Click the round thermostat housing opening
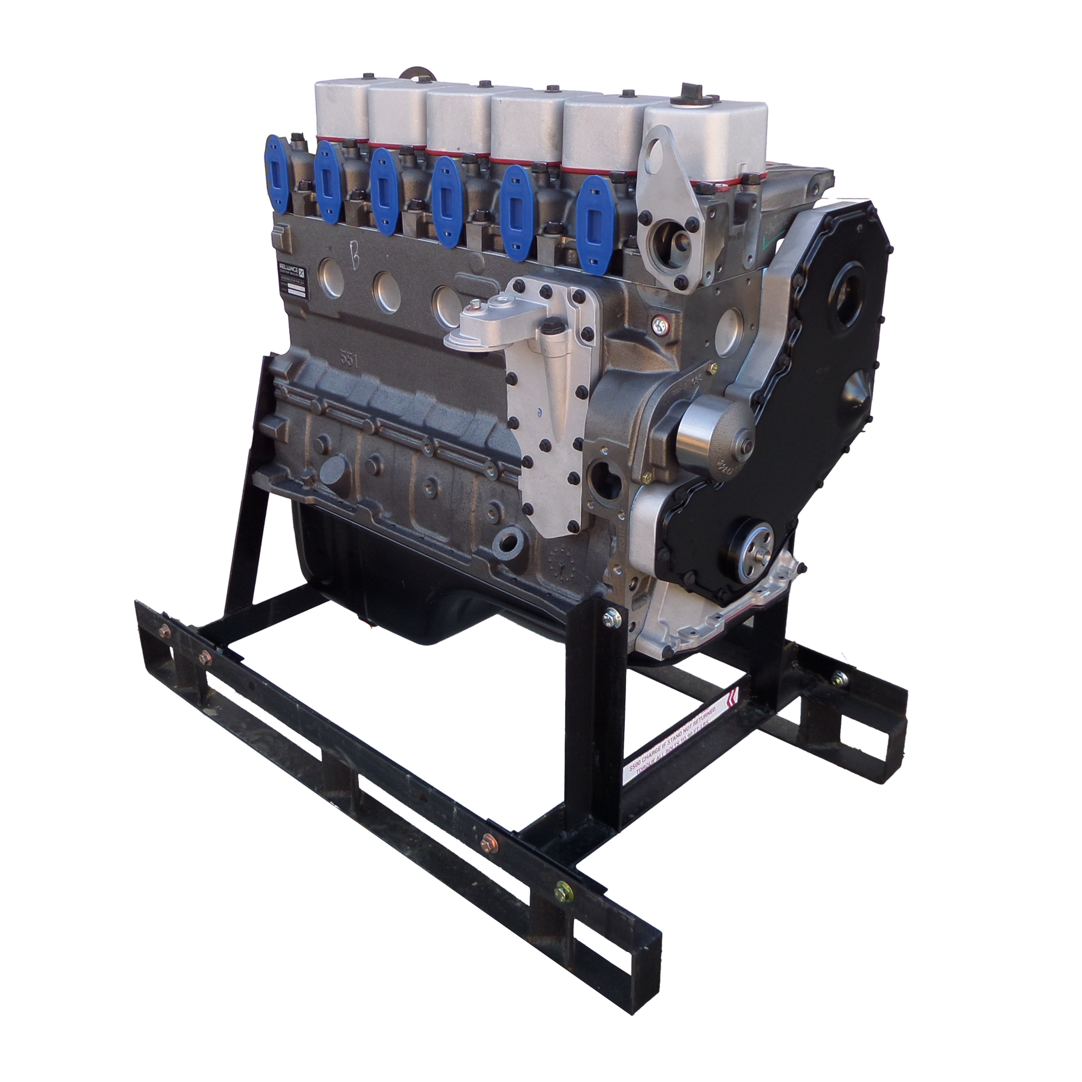[x=674, y=241]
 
